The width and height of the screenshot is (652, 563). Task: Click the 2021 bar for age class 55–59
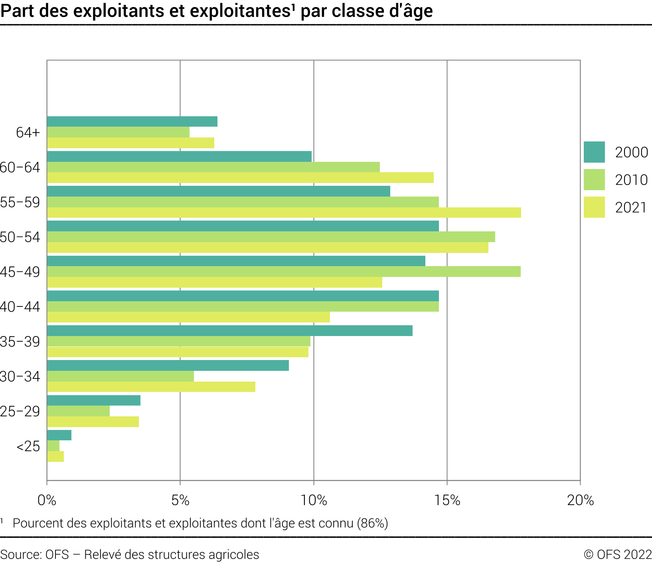[x=284, y=213]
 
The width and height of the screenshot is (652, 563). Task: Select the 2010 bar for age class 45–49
[x=284, y=272]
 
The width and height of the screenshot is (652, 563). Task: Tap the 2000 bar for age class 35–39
[x=229, y=331]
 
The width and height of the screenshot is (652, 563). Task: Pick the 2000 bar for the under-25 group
[x=59, y=435]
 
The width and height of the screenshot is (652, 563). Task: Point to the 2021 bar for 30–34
[x=151, y=387]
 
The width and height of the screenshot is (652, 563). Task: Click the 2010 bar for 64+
[x=118, y=132]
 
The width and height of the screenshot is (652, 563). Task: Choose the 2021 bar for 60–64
[x=240, y=178]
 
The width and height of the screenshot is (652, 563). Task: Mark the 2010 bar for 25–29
[x=78, y=411]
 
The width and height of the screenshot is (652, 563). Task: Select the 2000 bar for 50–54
[x=243, y=226]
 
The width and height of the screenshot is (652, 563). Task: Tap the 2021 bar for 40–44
[x=188, y=317]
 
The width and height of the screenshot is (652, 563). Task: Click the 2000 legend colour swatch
[x=594, y=152]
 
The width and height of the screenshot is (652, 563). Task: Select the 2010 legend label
[x=631, y=180]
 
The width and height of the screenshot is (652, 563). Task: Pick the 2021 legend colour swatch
[x=594, y=207]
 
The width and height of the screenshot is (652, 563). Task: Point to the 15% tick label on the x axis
[x=447, y=500]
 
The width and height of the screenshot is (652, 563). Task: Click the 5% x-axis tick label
[x=180, y=500]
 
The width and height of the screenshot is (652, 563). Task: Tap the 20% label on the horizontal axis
[x=580, y=500]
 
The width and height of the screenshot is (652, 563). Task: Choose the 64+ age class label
[x=28, y=132]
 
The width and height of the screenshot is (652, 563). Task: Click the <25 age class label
[x=28, y=446]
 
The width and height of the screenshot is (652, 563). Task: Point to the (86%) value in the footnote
[x=372, y=523]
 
